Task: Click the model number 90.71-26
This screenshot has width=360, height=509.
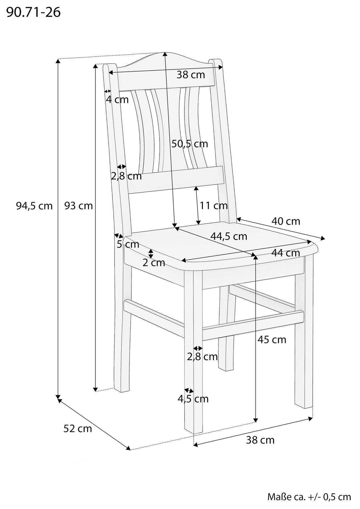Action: point(33,13)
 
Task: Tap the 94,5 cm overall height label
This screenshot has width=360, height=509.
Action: point(35,206)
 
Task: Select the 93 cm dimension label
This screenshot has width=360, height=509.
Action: point(79,206)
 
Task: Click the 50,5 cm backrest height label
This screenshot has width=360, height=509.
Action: point(190,144)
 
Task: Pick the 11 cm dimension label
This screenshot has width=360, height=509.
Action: point(214,206)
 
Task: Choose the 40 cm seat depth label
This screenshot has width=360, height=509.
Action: point(286,221)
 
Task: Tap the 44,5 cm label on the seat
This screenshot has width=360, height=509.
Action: point(229,236)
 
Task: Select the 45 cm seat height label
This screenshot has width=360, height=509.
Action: point(272,340)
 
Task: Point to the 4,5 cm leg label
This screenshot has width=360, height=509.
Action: point(193,399)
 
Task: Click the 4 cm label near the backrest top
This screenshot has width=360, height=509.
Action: point(117,100)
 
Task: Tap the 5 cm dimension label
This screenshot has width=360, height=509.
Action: point(128,244)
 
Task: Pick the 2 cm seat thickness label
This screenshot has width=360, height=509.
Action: point(154,263)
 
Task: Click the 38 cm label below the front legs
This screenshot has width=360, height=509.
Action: point(260,440)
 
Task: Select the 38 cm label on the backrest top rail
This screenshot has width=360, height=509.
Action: point(191,75)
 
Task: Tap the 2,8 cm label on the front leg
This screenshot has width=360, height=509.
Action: point(202,357)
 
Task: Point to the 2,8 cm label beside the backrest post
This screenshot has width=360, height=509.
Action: point(126,176)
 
